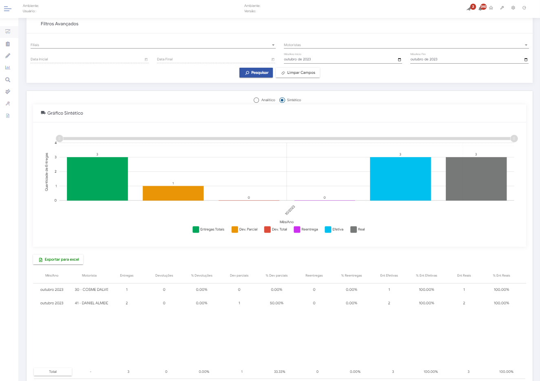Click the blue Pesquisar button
coord(256,73)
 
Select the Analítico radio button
coord(256,100)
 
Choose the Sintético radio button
coord(282,100)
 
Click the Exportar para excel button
coord(58,259)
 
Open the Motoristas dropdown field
coord(406,45)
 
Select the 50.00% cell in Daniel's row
coord(277,303)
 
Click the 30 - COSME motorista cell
coord(91,290)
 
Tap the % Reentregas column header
coord(352,276)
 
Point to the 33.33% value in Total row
coord(279,372)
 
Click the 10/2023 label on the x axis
coord(290,210)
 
